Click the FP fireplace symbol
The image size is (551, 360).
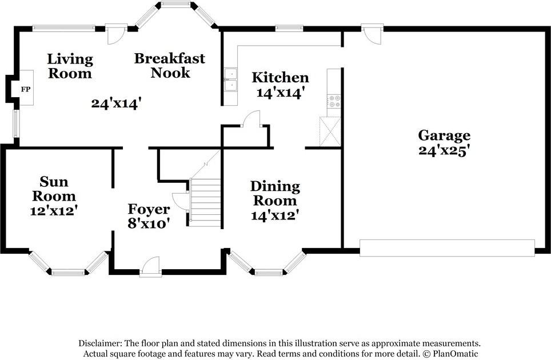[25, 89]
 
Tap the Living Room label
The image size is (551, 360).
[69, 66]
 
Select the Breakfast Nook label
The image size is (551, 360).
[170, 65]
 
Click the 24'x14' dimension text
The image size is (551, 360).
[116, 103]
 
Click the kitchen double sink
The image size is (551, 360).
[230, 80]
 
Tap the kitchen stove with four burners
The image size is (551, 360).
[334, 102]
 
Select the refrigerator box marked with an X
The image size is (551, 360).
[330, 132]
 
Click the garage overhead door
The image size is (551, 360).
[447, 248]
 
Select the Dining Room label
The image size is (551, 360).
[275, 193]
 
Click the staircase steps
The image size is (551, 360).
[206, 202]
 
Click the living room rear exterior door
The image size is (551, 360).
[117, 33]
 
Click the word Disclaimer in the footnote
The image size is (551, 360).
[99, 343]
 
